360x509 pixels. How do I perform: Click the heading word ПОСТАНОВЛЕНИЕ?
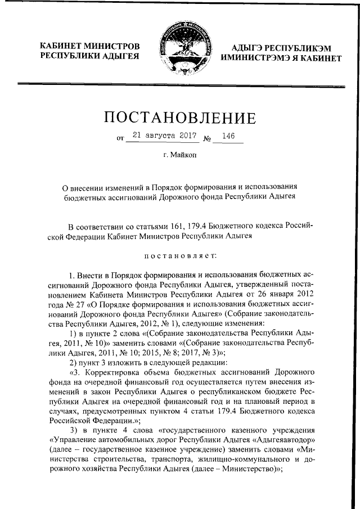pyautogui.click(x=180, y=118)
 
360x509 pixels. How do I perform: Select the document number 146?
pyautogui.click(x=228, y=136)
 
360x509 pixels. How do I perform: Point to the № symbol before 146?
pyautogui.click(x=206, y=137)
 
